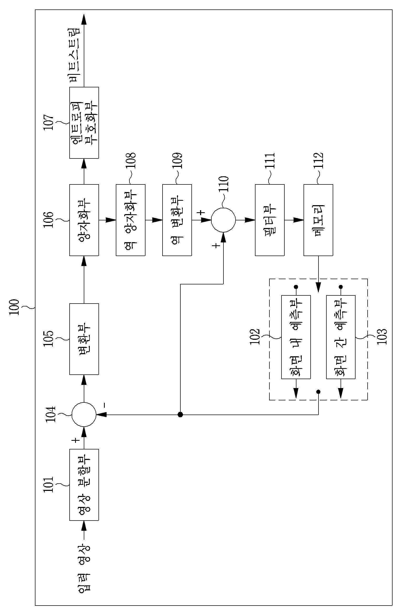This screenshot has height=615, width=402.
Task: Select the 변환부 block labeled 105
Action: tap(84, 339)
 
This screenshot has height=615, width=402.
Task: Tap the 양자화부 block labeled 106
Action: tap(84, 220)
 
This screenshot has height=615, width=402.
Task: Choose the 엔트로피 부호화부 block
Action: tap(84, 123)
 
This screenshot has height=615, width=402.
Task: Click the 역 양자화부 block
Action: tap(130, 220)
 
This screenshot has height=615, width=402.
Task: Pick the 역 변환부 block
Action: tap(177, 220)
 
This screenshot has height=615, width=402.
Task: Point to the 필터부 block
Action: tap(270, 220)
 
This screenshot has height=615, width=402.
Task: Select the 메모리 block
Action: tap(318, 220)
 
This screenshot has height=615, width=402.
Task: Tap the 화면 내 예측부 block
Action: tap(296, 337)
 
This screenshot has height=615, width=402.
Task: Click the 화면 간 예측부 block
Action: tap(341, 337)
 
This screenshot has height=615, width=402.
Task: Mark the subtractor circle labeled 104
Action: tap(84, 415)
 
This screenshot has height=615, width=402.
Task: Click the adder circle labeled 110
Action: tap(223, 220)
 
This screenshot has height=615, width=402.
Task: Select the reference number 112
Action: tap(318, 161)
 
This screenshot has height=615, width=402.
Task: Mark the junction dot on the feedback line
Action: tap(180, 415)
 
